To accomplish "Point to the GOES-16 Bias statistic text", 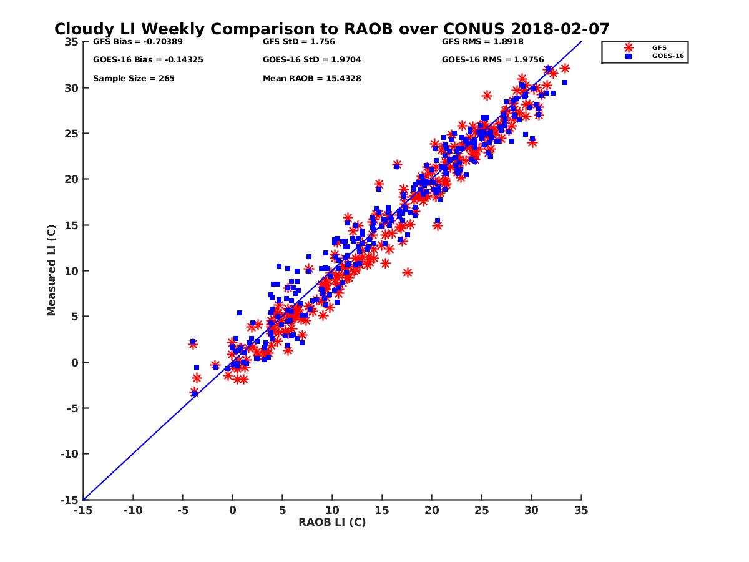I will [x=148, y=60].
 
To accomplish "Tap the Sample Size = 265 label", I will [x=134, y=79].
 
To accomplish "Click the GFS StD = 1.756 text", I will [x=299, y=42].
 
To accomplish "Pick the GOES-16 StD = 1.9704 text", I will [x=312, y=60].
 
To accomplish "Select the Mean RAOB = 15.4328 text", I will [x=312, y=79].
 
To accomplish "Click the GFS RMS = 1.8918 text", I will [x=482, y=42].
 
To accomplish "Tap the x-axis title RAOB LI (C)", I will [x=332, y=522].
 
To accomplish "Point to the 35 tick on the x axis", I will [x=582, y=510].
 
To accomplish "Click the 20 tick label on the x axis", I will [x=432, y=510].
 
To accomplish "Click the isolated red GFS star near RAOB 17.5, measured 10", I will [x=408, y=272].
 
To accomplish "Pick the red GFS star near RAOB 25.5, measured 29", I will [x=487, y=96].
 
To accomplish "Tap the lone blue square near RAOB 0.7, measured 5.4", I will [x=240, y=313].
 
